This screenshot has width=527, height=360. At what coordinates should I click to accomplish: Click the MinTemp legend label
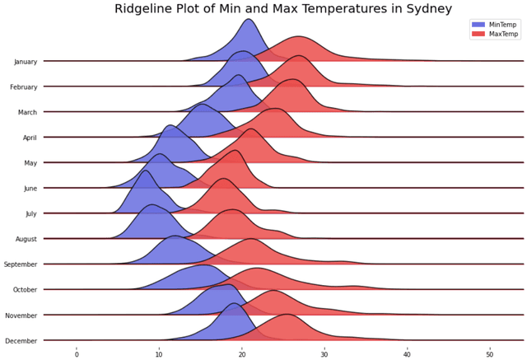coord(502,25)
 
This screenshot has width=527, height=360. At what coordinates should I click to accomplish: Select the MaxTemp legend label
coord(503,34)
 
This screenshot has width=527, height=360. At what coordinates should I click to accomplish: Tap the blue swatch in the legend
coord(478,25)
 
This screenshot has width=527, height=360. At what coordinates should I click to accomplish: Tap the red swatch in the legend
coord(478,34)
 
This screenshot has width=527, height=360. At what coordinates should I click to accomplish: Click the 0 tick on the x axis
coord(77,354)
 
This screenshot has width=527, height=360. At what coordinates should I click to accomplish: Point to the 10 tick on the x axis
coord(159,354)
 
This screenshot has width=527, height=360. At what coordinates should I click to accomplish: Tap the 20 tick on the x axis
coord(242,354)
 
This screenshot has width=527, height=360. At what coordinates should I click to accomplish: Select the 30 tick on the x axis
coord(324,354)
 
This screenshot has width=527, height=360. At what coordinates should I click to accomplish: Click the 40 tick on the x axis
coord(408,354)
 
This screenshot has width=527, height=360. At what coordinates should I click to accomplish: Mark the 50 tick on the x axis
coord(490,354)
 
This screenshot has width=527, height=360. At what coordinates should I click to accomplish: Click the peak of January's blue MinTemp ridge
coord(248,19)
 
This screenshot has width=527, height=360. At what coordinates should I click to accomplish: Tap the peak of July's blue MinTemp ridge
coord(146,171)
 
